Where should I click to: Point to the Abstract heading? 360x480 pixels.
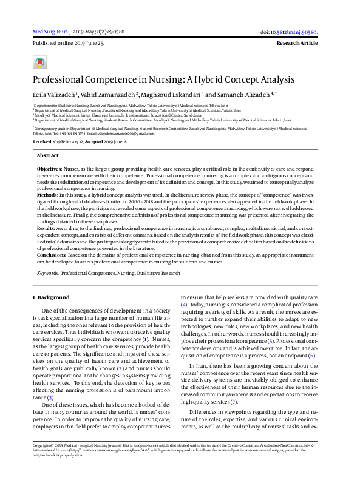pyautogui.click(x=49, y=155)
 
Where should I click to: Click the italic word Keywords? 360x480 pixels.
pyautogui.click(x=48, y=274)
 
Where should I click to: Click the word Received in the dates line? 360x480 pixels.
pyautogui.click(x=43, y=140)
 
